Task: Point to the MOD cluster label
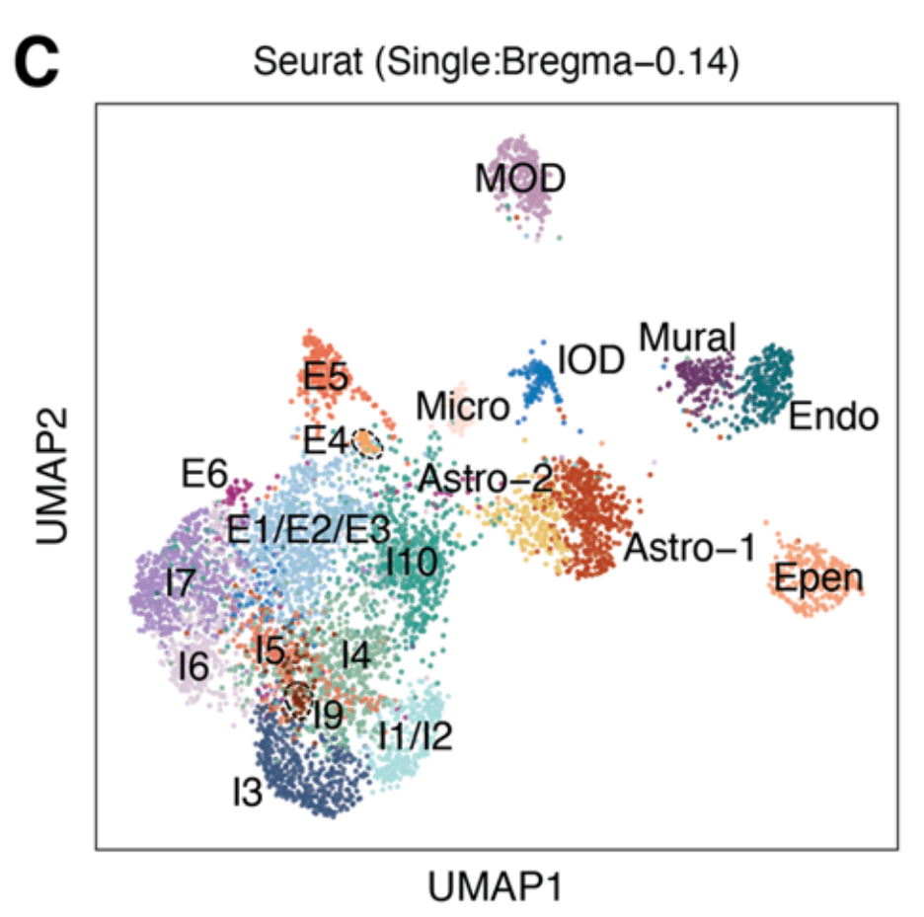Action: click(x=520, y=179)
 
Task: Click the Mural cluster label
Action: click(x=687, y=339)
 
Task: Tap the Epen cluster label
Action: click(x=818, y=578)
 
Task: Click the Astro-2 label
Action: click(x=485, y=479)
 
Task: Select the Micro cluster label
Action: click(x=463, y=405)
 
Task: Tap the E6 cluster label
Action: click(x=204, y=475)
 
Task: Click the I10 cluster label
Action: click(x=412, y=563)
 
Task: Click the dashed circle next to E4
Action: click(x=368, y=443)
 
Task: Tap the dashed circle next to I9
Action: click(x=296, y=700)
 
